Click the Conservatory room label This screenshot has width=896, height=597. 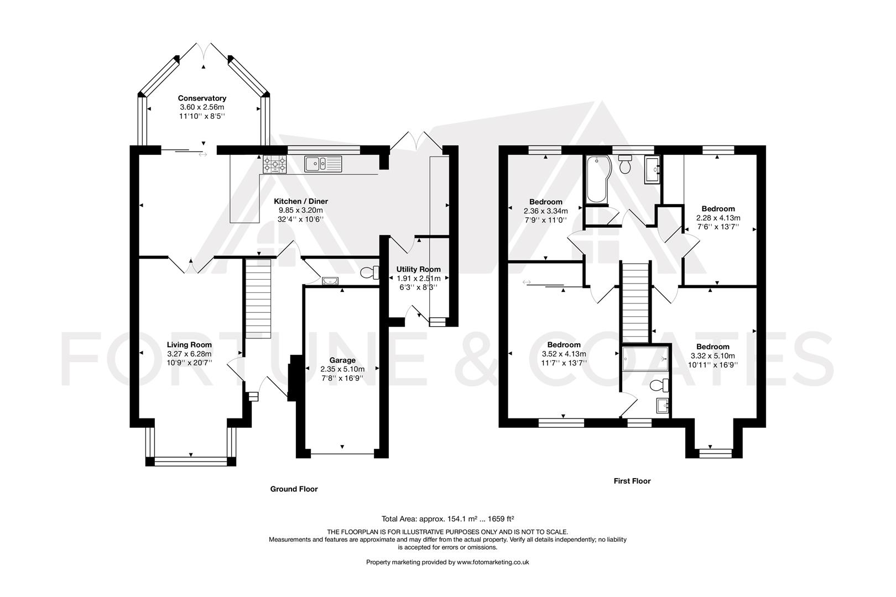[202, 98]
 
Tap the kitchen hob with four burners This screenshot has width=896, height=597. [275, 164]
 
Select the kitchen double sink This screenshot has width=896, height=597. [324, 164]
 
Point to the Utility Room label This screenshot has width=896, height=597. [418, 270]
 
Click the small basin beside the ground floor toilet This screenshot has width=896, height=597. [330, 281]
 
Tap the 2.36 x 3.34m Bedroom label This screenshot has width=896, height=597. [545, 202]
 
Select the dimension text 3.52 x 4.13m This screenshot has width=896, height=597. [564, 354]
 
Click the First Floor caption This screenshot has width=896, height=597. [632, 481]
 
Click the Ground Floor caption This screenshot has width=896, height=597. [294, 489]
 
